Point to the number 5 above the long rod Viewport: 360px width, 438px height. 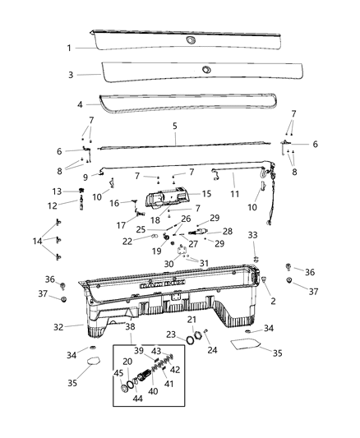[x=175, y=127]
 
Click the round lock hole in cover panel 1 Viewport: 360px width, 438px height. [x=191, y=40]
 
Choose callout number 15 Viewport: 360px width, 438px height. [x=207, y=194]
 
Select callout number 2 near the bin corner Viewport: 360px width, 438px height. [x=273, y=301]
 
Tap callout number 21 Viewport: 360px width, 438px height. [x=191, y=319]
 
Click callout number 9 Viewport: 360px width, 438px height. [x=85, y=177]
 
